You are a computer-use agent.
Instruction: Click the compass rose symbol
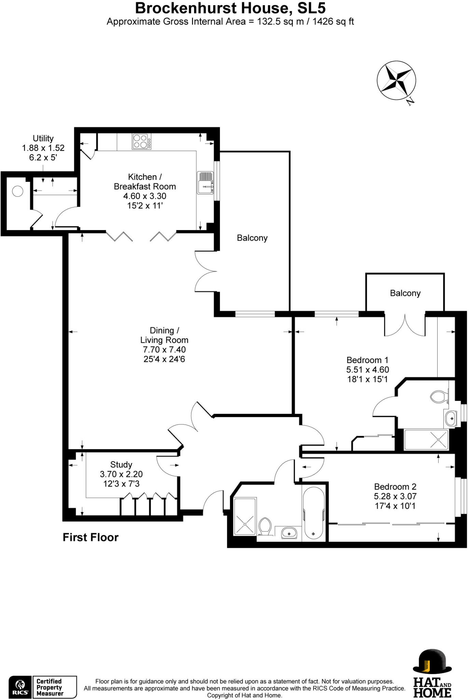(x=396, y=81)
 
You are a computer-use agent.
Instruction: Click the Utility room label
(x=43, y=138)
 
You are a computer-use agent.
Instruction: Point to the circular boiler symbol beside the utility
(x=17, y=191)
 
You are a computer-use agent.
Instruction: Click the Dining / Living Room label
(x=164, y=335)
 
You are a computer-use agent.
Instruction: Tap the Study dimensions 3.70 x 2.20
(x=121, y=474)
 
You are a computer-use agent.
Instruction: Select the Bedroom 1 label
(x=367, y=360)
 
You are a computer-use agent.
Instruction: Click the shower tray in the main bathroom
(x=245, y=516)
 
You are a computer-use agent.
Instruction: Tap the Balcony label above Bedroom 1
(x=405, y=293)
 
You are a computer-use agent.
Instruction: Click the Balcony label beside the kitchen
(x=252, y=238)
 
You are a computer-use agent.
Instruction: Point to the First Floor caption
(x=91, y=537)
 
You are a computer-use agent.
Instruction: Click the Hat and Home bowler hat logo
(x=432, y=662)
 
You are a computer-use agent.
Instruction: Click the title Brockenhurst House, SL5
(x=230, y=8)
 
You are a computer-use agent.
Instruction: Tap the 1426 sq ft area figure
(x=333, y=22)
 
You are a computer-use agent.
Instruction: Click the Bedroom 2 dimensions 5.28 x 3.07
(x=395, y=496)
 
